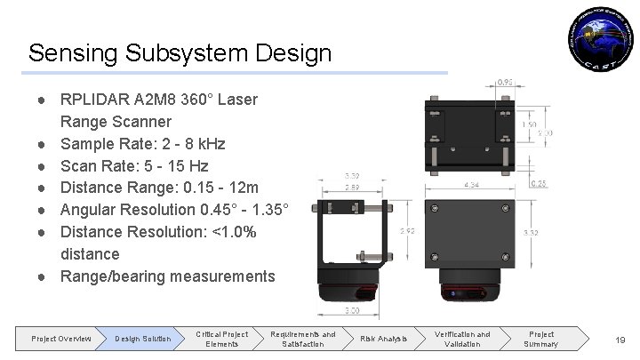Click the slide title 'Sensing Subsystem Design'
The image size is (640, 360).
click(x=180, y=52)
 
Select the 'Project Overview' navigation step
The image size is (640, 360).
click(x=61, y=339)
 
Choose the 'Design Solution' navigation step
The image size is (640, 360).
click(x=142, y=339)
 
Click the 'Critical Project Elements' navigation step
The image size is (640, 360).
click(x=222, y=338)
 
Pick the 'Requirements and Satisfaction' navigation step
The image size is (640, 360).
click(x=303, y=338)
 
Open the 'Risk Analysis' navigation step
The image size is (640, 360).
click(x=383, y=339)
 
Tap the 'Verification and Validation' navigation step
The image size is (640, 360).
click(x=462, y=338)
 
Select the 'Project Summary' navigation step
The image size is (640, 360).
click(x=541, y=338)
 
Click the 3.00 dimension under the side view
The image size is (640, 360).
click(x=354, y=310)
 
